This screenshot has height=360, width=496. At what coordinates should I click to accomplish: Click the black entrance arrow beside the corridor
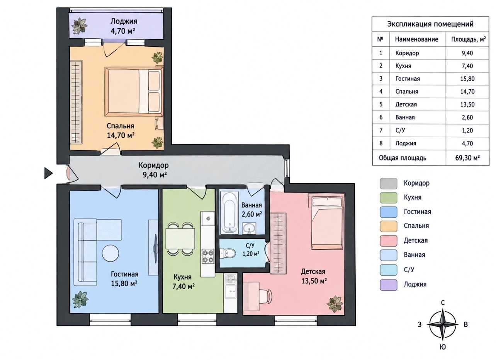pyautogui.click(x=48, y=173)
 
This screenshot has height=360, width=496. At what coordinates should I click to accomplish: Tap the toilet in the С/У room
pyautogui.click(x=228, y=253)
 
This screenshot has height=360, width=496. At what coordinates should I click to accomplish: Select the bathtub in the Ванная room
pyautogui.click(x=229, y=212)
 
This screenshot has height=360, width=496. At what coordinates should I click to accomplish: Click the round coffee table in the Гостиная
pyautogui.click(x=110, y=253)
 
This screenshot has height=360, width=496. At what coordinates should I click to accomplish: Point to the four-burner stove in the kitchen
pyautogui.click(x=208, y=256)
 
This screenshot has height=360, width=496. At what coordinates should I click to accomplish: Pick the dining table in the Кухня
pyautogui.click(x=180, y=239)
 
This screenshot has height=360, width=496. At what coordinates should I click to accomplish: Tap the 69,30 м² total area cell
pyautogui.click(x=467, y=158)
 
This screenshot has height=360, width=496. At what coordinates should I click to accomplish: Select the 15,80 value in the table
pyautogui.click(x=467, y=79)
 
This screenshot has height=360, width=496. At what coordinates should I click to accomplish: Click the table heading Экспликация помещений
pyautogui.click(x=430, y=24)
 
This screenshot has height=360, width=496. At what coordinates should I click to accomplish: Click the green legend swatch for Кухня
pyautogui.click(x=388, y=198)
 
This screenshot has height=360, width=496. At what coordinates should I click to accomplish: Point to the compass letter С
pyautogui.click(x=443, y=303)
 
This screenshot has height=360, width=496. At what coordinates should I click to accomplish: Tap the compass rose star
pyautogui.click(x=443, y=324)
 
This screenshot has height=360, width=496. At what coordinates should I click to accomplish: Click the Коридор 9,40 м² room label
pyautogui.click(x=154, y=170)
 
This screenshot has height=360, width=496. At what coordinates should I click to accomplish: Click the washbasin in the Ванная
pyautogui.click(x=249, y=229)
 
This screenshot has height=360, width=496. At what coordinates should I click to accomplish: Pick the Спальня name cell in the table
pyautogui.click(x=407, y=92)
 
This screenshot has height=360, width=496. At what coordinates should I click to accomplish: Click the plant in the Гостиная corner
pyautogui.click(x=80, y=299)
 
